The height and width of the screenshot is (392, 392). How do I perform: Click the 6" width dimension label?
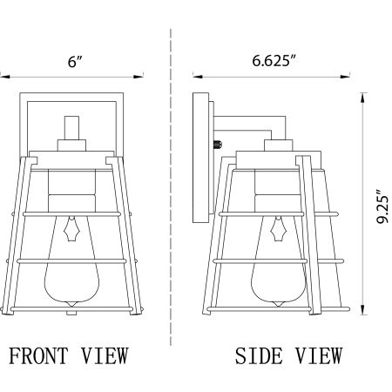tap(75, 61)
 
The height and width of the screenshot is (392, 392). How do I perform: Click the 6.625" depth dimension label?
tap(274, 61)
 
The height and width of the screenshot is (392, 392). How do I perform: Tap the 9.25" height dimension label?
tap(382, 206)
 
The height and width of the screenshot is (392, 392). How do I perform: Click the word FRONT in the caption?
tap(38, 355)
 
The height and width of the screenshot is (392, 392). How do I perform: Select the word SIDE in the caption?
tap(259, 355)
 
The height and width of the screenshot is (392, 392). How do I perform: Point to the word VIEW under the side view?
tap(319, 355)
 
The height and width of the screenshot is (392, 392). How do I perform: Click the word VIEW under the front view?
tap(105, 355)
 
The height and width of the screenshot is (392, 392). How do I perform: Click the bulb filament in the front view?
tap(71, 229)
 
